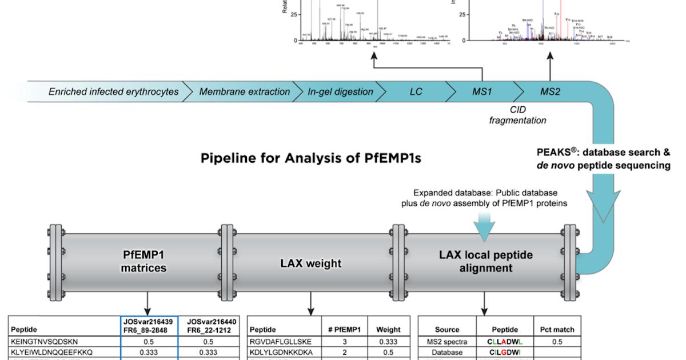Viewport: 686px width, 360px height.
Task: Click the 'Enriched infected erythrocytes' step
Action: click(113, 91)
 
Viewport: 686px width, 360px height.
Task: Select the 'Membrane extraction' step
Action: click(236, 91)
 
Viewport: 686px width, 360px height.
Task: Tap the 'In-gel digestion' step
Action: click(340, 91)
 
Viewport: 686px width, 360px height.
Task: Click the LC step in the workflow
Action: click(416, 91)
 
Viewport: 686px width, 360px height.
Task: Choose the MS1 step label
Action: click(481, 91)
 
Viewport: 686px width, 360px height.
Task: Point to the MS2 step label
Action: click(550, 91)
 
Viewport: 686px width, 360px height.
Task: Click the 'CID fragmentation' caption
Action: click(517, 115)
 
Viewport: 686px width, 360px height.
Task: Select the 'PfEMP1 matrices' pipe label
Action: click(145, 261)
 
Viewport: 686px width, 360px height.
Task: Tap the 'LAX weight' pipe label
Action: click(310, 263)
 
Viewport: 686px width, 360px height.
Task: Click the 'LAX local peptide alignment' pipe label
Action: click(485, 261)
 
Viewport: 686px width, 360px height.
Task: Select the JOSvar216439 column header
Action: click(149, 325)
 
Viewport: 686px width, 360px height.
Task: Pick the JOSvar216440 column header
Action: click(209, 325)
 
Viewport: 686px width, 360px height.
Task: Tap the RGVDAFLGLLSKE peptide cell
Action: click(278, 341)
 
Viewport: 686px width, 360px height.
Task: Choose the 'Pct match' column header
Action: click(556, 329)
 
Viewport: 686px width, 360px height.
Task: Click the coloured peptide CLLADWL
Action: click(505, 341)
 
